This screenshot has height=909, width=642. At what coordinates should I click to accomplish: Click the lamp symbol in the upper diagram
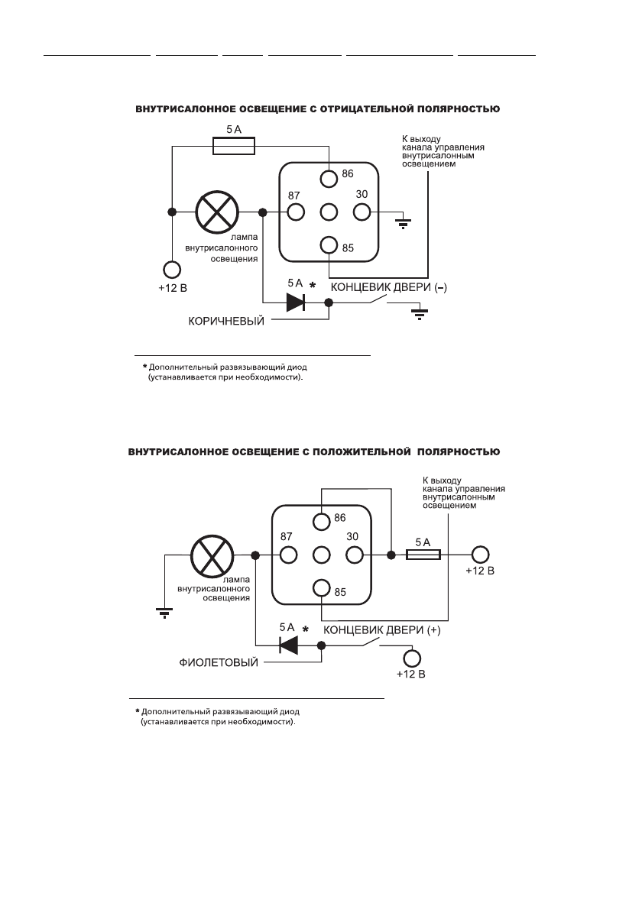click(219, 212)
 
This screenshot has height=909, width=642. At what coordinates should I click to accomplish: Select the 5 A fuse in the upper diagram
click(233, 147)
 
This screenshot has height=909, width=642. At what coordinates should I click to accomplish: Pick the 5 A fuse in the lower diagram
click(423, 555)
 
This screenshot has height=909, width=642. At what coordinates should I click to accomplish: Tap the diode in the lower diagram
click(288, 645)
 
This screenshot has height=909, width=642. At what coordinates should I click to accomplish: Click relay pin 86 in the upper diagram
click(329, 179)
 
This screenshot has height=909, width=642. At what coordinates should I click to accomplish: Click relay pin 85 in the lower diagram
click(322, 588)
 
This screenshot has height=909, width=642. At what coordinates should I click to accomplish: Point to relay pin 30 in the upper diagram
click(362, 212)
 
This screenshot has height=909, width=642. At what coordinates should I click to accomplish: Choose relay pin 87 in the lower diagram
click(288, 555)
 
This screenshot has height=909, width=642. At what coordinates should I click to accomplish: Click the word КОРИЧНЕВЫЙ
click(226, 321)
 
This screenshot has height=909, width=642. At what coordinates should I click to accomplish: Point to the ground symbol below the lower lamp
click(164, 610)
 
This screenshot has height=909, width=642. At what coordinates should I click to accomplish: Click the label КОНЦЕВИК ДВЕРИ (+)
click(382, 632)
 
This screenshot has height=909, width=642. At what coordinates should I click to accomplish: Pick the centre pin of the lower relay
click(322, 555)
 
